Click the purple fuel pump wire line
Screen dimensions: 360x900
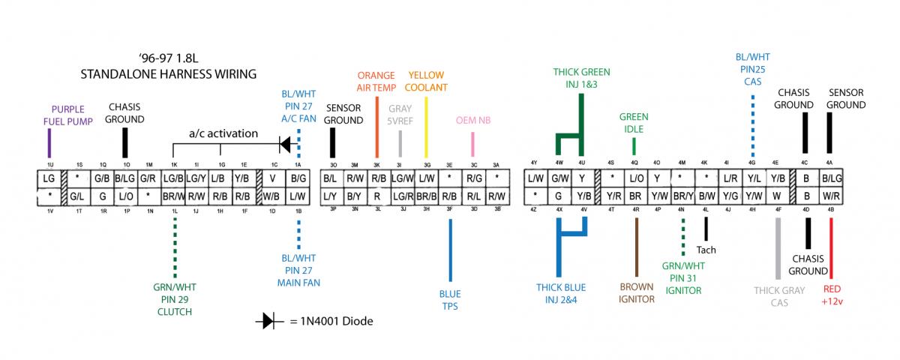tap(49, 142)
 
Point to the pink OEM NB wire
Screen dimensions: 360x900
tap(473, 144)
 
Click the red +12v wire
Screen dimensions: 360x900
tap(831, 247)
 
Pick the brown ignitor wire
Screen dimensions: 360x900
tap(636, 247)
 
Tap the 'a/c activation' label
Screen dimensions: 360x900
tap(223, 133)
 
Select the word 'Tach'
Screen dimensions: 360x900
tap(706, 250)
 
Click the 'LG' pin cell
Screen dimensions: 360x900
tap(49, 178)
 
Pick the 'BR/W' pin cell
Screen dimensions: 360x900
tap(174, 196)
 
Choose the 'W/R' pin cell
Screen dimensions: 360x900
tap(830, 196)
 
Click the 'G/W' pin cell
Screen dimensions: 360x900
tap(559, 178)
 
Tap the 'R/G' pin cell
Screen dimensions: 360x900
tap(473, 178)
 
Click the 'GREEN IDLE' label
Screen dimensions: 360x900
tap(634, 123)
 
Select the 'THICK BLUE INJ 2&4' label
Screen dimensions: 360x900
tap(561, 293)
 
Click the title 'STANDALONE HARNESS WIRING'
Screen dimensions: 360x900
tap(169, 74)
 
